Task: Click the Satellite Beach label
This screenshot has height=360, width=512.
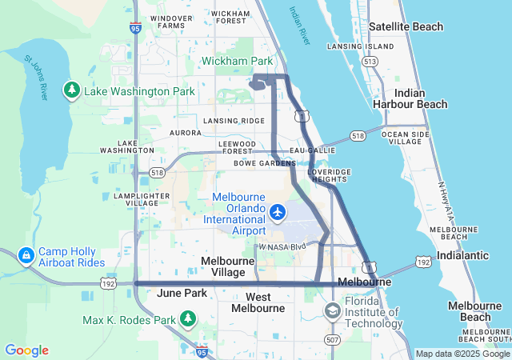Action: point(406,26)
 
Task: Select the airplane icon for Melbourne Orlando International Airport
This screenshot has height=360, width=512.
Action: point(278,212)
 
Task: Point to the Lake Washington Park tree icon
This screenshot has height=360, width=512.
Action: point(72,91)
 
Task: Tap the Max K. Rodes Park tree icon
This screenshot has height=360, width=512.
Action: point(188,320)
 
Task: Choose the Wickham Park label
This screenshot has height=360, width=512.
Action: point(237,61)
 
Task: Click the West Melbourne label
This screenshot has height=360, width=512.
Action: point(258,302)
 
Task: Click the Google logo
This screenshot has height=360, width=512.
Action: point(26,350)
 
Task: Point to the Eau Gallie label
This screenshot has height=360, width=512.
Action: point(311,150)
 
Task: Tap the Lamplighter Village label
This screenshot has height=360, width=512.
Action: point(142,199)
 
